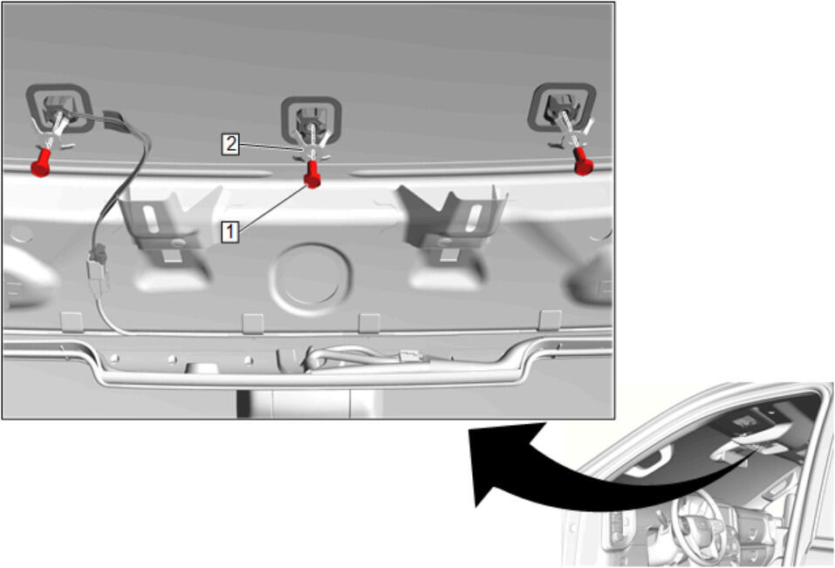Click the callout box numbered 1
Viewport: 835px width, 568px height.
tap(230, 232)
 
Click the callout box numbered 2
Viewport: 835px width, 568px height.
tap(230, 144)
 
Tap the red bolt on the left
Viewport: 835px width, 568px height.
tap(42, 162)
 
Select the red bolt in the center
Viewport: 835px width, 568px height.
tap(312, 175)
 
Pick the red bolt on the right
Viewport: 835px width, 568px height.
tap(583, 161)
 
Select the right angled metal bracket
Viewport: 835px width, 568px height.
tap(453, 218)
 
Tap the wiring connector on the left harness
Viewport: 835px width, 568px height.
tap(98, 266)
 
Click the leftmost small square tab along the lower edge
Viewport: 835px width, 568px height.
tap(72, 322)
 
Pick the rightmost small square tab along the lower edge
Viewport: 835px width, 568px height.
tap(550, 320)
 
